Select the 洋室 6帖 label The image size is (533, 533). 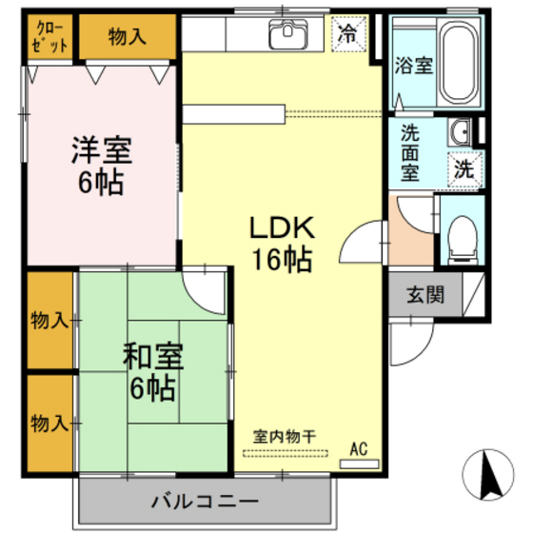tap(101, 166)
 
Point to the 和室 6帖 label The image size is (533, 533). tap(152, 373)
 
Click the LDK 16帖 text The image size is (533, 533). tap(281, 243)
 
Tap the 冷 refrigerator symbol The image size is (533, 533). tap(348, 36)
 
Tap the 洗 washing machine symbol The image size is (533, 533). tap(464, 170)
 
